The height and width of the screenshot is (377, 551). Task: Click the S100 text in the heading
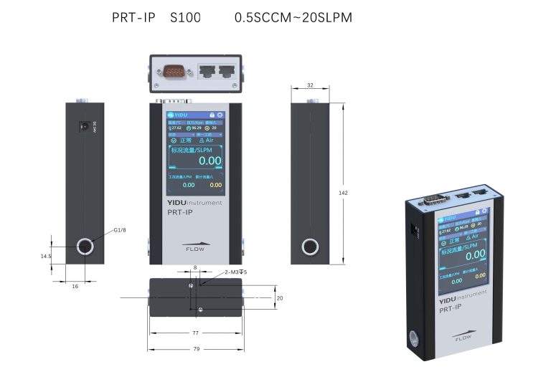(186, 17)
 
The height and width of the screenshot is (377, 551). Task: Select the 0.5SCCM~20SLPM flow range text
(293, 17)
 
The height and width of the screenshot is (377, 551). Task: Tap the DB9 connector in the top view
(175, 72)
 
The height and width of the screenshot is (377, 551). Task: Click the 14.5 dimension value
(46, 256)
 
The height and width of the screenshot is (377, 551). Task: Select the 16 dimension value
(75, 286)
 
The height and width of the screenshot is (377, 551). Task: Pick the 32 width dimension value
(310, 85)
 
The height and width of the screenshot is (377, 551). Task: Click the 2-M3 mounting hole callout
(236, 272)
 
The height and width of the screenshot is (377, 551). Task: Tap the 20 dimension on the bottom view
(281, 297)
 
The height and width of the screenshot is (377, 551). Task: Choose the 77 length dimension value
(195, 333)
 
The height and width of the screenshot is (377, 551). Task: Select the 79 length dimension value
(195, 349)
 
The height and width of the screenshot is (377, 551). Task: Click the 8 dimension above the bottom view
(194, 267)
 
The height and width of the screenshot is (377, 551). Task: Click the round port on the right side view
(311, 247)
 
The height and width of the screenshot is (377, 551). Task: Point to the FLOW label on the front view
(195, 249)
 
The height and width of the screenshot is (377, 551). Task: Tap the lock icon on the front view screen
(212, 115)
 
